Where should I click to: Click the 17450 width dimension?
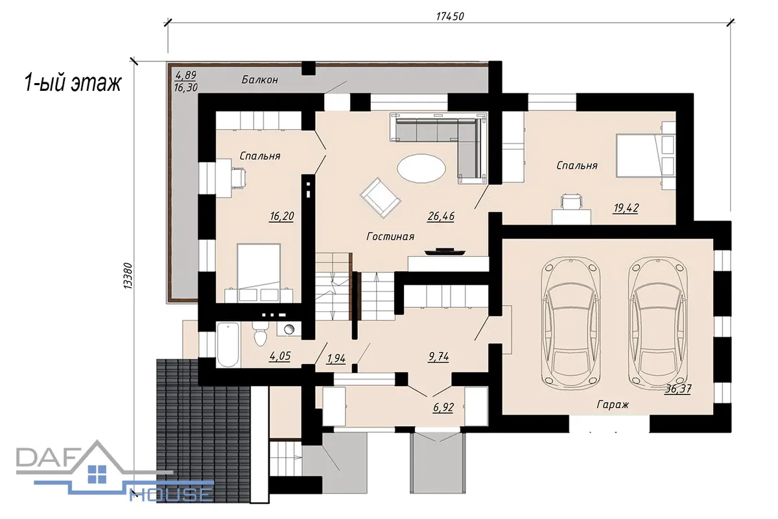pos(450,16)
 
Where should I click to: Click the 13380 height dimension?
pos(128,276)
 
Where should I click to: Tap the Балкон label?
pos(260,80)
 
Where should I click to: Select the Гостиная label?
pos(390,237)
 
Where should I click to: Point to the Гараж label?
pos(613,405)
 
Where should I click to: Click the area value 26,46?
pos(441,216)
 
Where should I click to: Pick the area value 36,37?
pos(678,389)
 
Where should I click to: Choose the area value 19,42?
pos(626,208)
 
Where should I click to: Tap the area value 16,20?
pos(281,216)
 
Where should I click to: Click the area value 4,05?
pos(280,356)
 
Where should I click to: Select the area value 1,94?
pos(336,358)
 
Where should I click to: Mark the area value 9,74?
pos(439,357)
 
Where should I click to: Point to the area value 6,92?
pos(443,407)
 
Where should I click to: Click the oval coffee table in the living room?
pos(421,169)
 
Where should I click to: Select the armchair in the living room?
pos(381,198)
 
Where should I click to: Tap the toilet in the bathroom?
pos(260,333)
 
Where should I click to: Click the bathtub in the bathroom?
pos(228,344)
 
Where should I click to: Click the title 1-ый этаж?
pos(73,83)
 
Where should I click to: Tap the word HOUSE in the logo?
pos(171,494)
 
